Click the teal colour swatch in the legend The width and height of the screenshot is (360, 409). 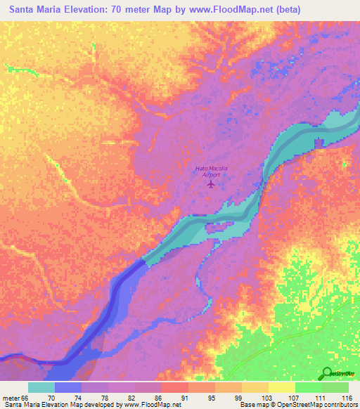pos(41,387)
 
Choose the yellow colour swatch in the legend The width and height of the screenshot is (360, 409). pos(282,387)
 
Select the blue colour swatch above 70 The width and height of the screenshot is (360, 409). pos(68,387)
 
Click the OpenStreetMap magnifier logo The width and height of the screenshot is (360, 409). pos(328,374)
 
